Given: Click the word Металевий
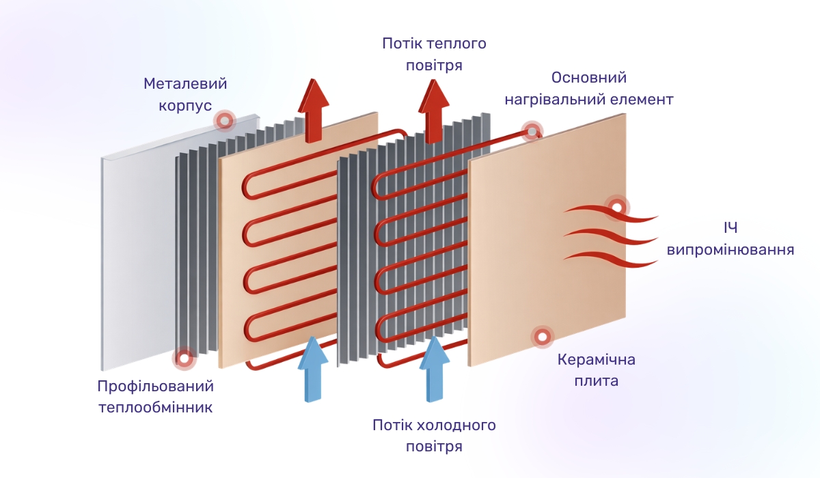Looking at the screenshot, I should [x=185, y=84].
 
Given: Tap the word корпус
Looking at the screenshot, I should [x=185, y=107].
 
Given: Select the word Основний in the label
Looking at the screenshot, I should [x=589, y=78].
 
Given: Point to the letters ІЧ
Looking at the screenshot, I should [x=730, y=228].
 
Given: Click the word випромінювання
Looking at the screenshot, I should [x=730, y=250].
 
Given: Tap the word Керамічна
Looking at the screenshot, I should [x=597, y=359].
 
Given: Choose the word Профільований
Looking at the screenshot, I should [x=156, y=386].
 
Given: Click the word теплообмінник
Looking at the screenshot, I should [x=156, y=408].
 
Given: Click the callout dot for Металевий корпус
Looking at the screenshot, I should [x=223, y=122].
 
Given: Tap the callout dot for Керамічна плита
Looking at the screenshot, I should [x=543, y=336].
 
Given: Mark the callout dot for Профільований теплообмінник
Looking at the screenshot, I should [x=183, y=357].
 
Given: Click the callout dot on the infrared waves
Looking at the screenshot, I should [x=617, y=206].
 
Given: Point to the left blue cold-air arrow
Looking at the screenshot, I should [x=314, y=369].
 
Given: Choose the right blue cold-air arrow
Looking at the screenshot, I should [x=434, y=369].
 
